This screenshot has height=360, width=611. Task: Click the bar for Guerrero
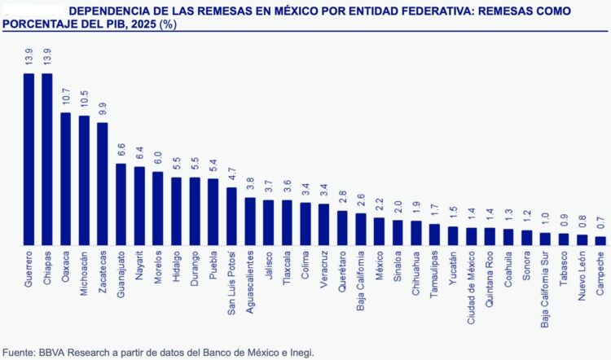29,159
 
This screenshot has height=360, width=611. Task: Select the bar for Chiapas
47,159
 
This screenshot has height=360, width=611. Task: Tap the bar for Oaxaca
66,178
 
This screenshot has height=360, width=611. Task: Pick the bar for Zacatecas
103,183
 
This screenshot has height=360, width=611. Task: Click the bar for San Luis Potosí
231,216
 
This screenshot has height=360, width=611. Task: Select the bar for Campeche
601,240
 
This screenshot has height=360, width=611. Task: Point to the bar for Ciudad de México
472,236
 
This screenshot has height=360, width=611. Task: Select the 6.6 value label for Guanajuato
121,151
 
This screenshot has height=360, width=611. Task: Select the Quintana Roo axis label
490,281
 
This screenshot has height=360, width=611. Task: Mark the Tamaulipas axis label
435,277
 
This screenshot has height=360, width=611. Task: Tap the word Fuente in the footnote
18,352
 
